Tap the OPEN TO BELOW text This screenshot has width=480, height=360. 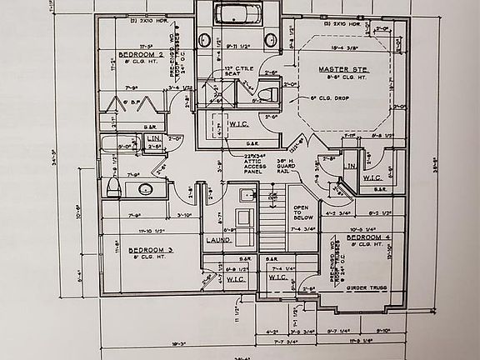point(301,212)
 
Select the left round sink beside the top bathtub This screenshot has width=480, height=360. point(205,40)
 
